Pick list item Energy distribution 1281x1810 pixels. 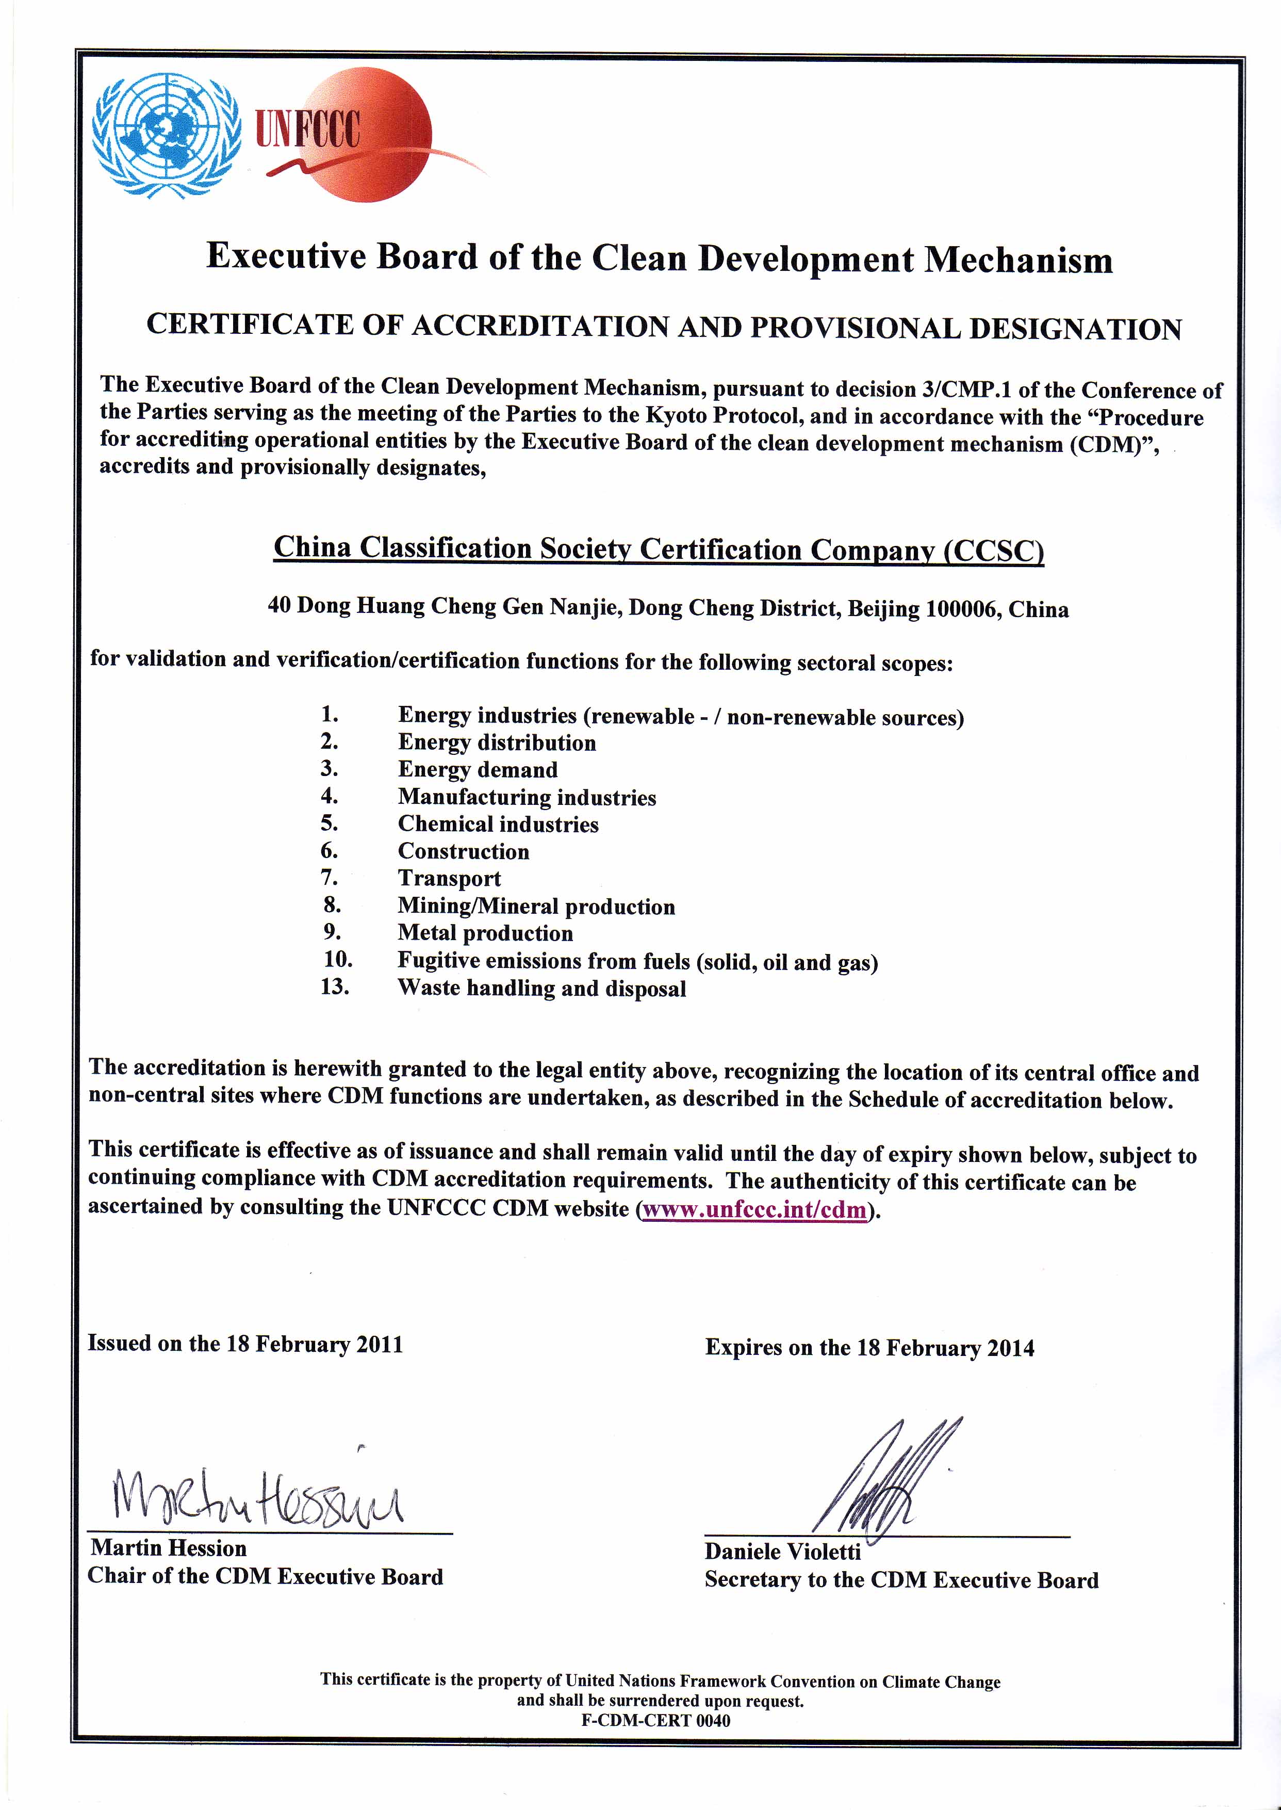tap(497, 742)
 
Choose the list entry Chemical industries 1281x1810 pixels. tap(498, 825)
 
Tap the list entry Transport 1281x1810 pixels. tap(449, 878)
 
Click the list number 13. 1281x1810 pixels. tap(335, 987)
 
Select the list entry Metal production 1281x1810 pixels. tap(485, 933)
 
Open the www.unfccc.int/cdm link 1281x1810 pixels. tap(756, 1209)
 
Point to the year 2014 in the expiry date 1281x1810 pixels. tap(1010, 1348)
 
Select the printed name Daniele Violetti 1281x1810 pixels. tap(782, 1552)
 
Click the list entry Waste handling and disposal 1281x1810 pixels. tap(542, 989)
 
